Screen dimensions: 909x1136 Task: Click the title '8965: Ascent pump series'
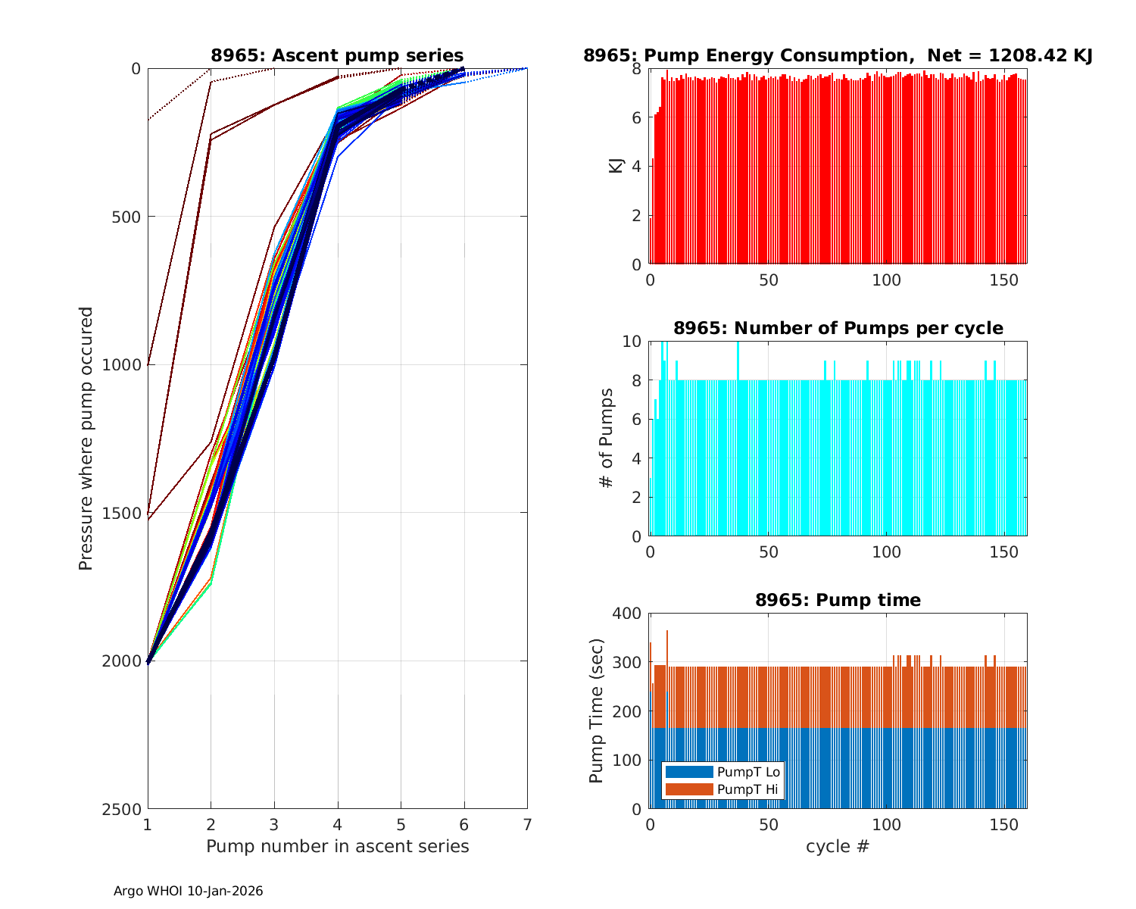337,55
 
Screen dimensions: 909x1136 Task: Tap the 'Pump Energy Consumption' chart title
838,55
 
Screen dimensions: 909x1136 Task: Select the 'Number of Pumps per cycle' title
838,328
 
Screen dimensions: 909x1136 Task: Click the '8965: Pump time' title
838,600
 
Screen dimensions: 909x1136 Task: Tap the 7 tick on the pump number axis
527,824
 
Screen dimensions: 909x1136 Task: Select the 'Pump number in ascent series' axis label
337,846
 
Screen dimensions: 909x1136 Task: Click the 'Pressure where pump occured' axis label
86,438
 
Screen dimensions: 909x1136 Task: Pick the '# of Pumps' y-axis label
607,438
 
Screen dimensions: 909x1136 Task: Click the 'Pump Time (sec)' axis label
597,711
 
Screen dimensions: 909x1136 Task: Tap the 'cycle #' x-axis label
838,846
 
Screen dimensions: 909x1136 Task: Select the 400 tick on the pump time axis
630,613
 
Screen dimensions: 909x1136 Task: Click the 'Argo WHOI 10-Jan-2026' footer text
188,891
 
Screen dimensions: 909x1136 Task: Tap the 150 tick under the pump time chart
1004,824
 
